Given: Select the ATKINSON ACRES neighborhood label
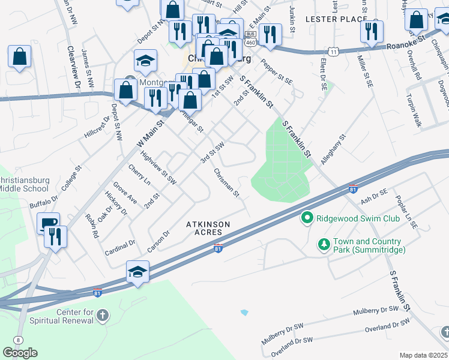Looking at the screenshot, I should coord(208,227).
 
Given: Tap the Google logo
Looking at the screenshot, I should coord(20,353).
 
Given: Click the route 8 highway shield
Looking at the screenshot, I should coord(19,340).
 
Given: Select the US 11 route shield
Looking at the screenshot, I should coord(333,52).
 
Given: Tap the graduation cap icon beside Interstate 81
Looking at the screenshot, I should coord(137,272).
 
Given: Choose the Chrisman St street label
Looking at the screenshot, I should coord(226,183).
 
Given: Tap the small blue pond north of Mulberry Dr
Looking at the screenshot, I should coord(244,313).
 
